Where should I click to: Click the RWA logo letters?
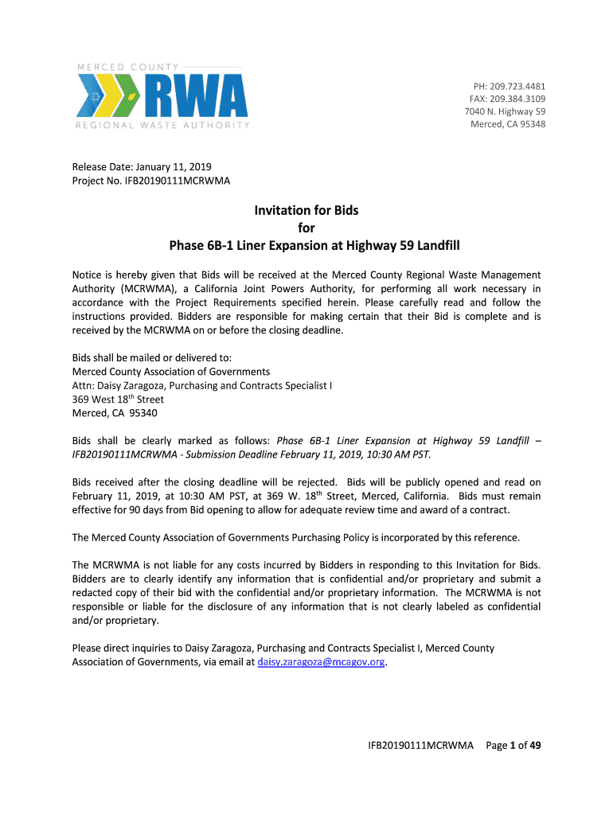point(196,96)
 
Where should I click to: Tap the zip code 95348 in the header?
point(531,124)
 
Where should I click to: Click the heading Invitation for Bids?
point(306,211)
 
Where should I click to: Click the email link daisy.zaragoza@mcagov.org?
point(322,661)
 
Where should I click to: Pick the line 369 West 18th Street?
point(118,400)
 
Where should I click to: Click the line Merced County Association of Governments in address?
point(171,372)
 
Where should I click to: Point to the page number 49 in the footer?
point(535,746)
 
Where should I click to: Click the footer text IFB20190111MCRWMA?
point(420,746)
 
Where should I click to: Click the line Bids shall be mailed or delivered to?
point(152,358)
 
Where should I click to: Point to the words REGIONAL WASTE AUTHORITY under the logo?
point(162,125)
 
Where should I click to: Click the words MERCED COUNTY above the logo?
point(127,66)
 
